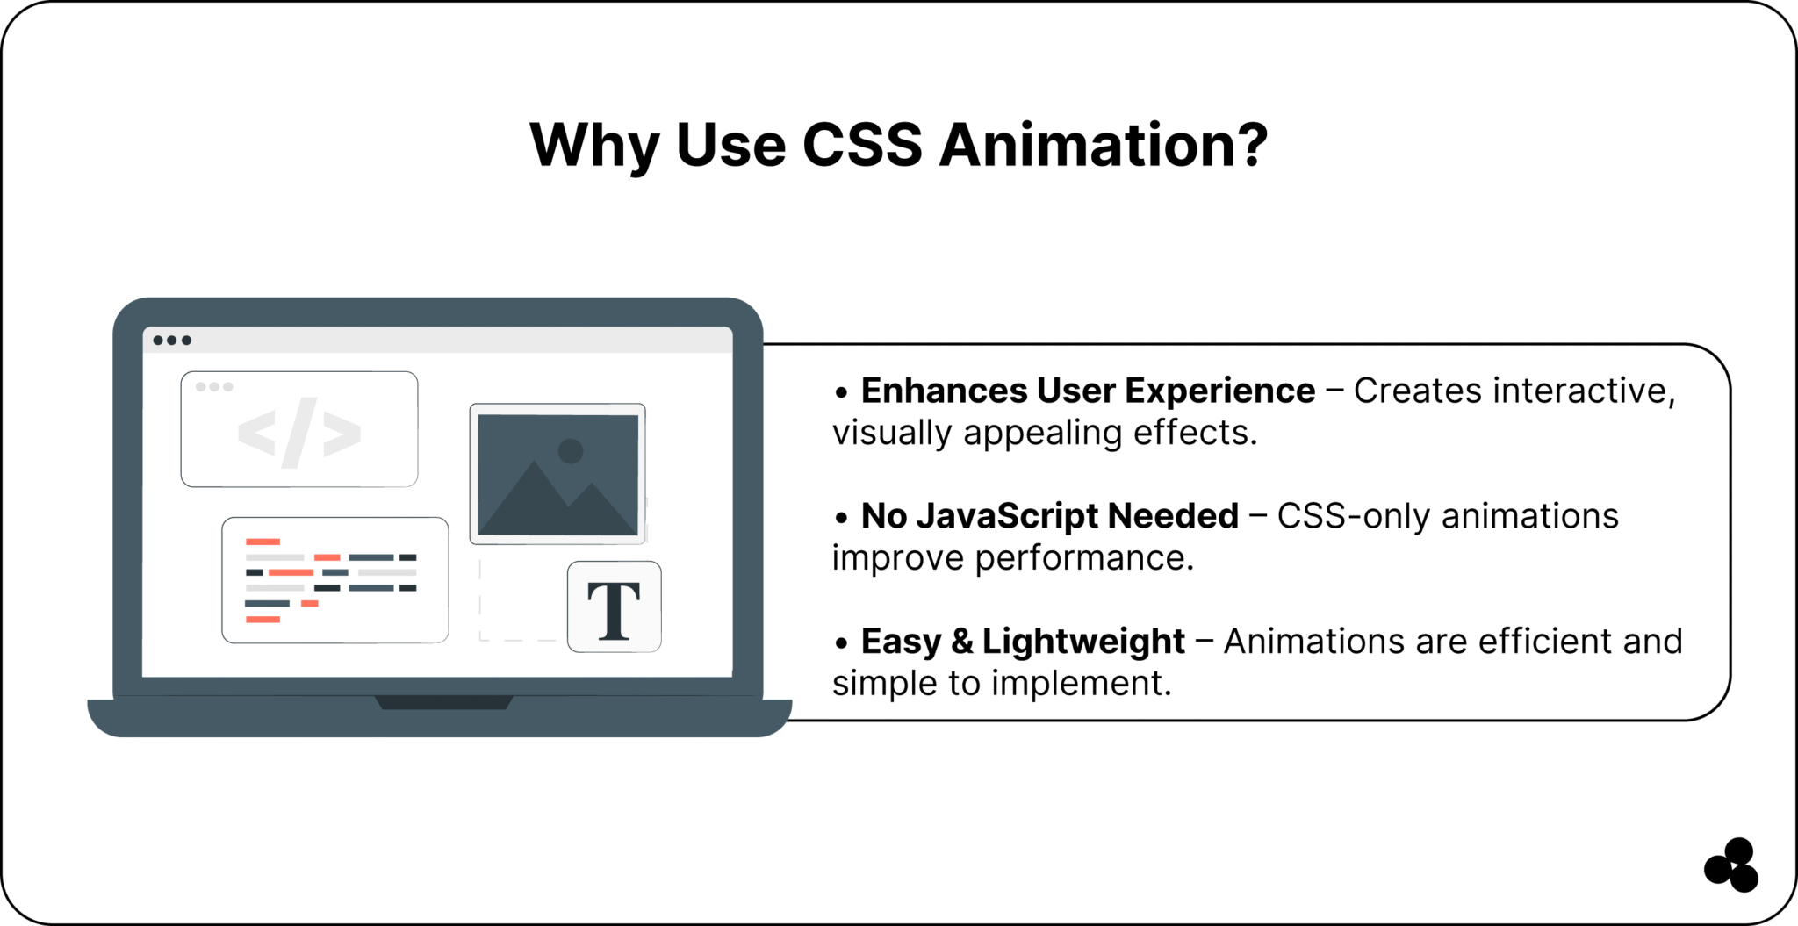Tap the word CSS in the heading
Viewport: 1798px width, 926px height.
[861, 145]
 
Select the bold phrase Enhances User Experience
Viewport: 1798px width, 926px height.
[1088, 391]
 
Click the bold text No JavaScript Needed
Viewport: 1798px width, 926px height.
[1049, 516]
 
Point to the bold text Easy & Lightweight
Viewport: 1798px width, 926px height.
[1023, 642]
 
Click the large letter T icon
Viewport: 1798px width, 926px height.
[614, 608]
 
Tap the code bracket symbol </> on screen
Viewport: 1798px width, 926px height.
[299, 433]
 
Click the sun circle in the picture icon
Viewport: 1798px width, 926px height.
[571, 451]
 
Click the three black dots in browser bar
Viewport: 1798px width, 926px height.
[172, 341]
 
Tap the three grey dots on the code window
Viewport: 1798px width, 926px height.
[214, 387]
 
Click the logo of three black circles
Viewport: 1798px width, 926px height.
[1732, 865]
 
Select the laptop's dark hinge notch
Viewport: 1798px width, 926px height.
[443, 702]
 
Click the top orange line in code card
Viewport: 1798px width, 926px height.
[263, 542]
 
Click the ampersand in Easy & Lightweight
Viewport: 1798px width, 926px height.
[962, 642]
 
